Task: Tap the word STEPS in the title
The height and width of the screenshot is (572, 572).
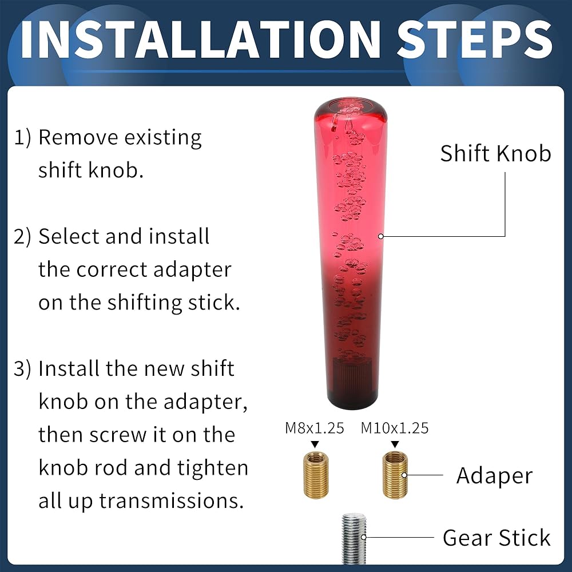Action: click(x=474, y=39)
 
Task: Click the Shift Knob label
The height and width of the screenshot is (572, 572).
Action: click(x=495, y=153)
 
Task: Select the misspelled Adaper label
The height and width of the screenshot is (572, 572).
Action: click(x=494, y=476)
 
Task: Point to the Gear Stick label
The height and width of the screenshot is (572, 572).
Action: click(x=496, y=537)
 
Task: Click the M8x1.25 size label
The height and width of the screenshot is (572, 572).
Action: click(x=315, y=428)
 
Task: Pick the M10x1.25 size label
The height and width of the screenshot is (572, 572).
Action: click(x=395, y=428)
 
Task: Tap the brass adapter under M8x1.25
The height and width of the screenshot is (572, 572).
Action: click(x=316, y=474)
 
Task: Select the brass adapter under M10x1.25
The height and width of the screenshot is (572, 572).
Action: click(x=395, y=474)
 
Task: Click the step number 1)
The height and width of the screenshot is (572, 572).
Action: click(x=22, y=138)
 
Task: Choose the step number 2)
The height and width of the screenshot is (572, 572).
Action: click(x=22, y=237)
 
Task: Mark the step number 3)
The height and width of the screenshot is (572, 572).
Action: click(x=22, y=369)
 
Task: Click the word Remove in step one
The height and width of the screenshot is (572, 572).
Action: click(x=78, y=138)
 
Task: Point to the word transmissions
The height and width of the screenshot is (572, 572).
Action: click(x=172, y=501)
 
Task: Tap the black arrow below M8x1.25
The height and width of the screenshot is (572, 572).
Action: click(x=315, y=444)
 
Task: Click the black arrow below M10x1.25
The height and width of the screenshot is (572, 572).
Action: click(x=395, y=444)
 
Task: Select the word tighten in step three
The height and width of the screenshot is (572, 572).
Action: click(x=213, y=468)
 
